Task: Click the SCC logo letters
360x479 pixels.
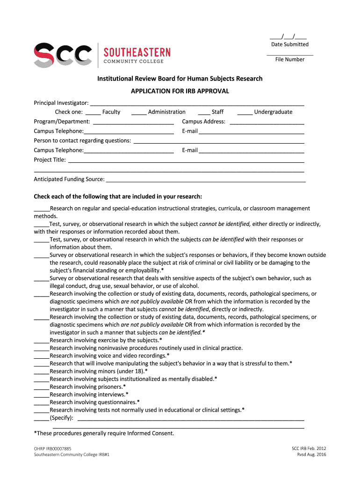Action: (63, 55)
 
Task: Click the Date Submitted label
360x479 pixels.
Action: (290, 44)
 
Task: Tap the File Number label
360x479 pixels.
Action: (290, 59)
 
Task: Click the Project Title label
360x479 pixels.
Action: (50, 160)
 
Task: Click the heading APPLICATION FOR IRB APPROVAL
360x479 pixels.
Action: (180, 91)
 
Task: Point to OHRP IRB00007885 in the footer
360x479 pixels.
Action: (53, 448)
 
